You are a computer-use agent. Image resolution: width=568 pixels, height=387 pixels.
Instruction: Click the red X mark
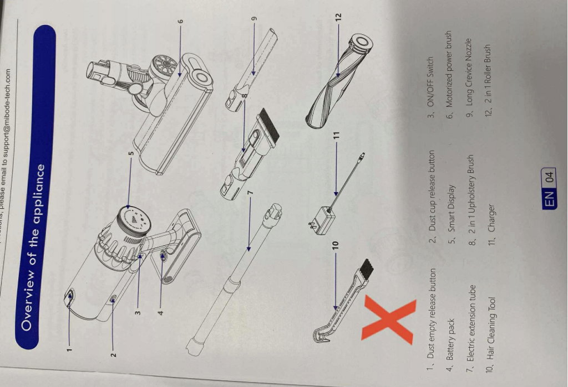(387, 319)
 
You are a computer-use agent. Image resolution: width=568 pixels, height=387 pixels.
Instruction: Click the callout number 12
(338, 17)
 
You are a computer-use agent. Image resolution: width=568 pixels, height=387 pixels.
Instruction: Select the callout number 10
(336, 245)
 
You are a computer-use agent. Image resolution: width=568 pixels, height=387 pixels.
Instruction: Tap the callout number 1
(69, 349)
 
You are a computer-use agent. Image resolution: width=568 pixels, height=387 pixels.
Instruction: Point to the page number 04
(550, 177)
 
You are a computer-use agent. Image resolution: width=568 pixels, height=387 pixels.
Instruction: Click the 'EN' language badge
(549, 199)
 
